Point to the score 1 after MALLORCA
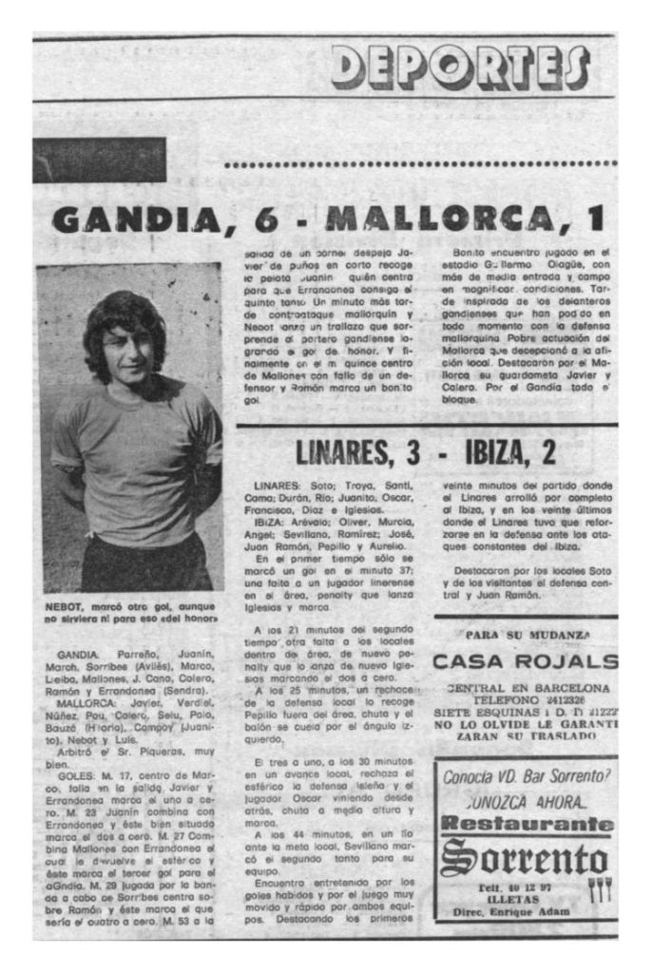(596, 219)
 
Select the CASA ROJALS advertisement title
(524, 661)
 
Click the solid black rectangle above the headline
(99, 160)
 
